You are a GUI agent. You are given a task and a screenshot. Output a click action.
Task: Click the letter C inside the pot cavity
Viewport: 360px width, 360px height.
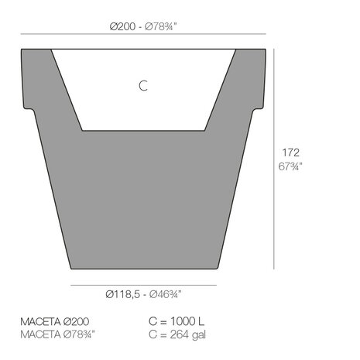(142, 87)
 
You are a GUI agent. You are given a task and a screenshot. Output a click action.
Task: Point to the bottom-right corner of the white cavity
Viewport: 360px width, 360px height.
(204, 129)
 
